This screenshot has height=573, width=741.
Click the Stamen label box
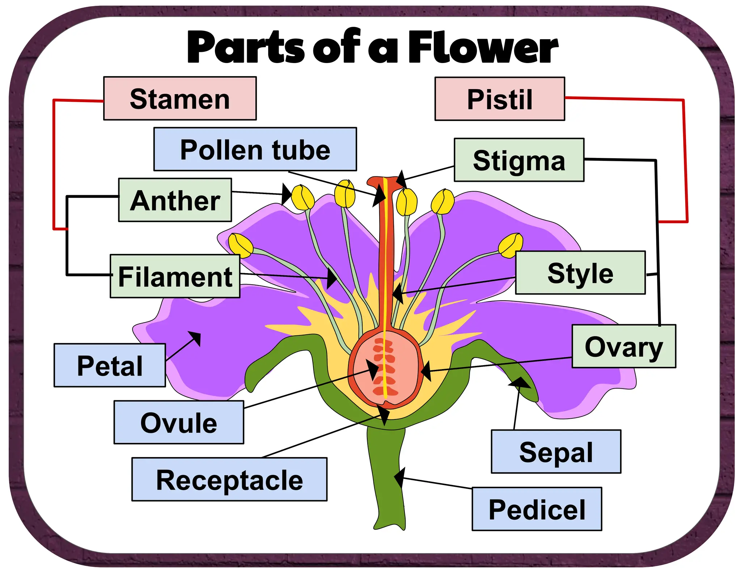pyautogui.click(x=180, y=99)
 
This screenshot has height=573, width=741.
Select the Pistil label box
pyautogui.click(x=499, y=99)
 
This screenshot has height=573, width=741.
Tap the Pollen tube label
pyautogui.click(x=255, y=149)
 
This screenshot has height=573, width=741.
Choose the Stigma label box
pyautogui.click(x=519, y=160)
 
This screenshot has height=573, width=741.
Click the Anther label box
pyautogui.click(x=175, y=200)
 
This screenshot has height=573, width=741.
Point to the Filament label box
pyautogui.click(x=175, y=276)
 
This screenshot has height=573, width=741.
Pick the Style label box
pyautogui.click(x=580, y=273)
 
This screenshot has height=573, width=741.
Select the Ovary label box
pyautogui.click(x=624, y=347)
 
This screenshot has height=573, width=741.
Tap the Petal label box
pyautogui.click(x=110, y=365)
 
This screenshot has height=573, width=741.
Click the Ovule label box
pyautogui.click(x=179, y=422)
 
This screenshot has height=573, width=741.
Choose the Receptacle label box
pyautogui.click(x=229, y=480)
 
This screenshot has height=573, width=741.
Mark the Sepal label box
pyautogui.click(x=556, y=452)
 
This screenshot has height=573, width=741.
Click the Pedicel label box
pyautogui.click(x=537, y=509)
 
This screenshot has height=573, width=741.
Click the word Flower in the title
pyautogui.click(x=483, y=47)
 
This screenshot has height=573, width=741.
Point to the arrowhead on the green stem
pyautogui.click(x=399, y=477)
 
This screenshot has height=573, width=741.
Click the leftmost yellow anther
pyautogui.click(x=241, y=245)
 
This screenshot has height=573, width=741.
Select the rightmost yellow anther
pyautogui.click(x=511, y=245)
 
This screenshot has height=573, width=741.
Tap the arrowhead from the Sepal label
pyautogui.click(x=519, y=382)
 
